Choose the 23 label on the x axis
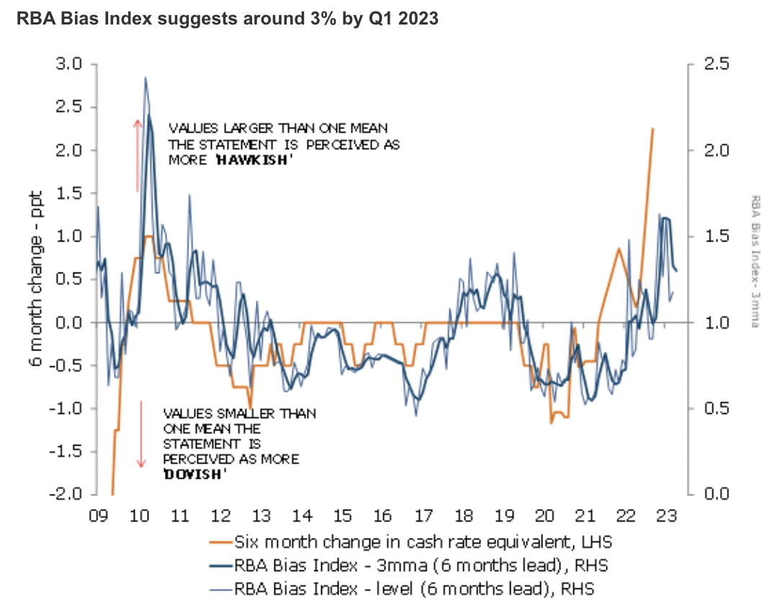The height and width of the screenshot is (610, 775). (665, 516)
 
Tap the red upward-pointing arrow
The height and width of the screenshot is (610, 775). (138, 155)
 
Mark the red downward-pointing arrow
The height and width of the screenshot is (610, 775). (142, 433)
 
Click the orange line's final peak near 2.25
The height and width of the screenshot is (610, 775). (653, 129)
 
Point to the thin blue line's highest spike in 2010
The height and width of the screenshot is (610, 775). (145, 77)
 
